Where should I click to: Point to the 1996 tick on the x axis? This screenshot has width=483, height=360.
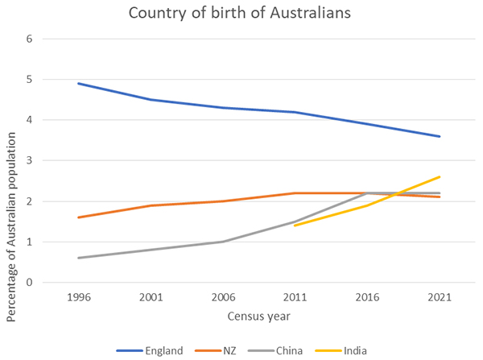tap(79, 297)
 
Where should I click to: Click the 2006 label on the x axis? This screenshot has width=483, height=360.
tap(224, 297)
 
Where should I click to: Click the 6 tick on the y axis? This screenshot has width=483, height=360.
tap(29, 39)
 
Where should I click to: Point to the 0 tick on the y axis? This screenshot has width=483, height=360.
tap(29, 283)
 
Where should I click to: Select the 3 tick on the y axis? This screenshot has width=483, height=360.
tap(29, 161)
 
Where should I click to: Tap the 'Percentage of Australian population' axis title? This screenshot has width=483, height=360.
tap(11, 161)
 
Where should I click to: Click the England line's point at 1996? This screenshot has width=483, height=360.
tap(79, 83)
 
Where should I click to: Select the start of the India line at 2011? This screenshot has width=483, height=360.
tap(296, 226)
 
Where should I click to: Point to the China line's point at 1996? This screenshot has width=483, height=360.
tap(79, 258)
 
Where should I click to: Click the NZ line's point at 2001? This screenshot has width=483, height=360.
tap(151, 205)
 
